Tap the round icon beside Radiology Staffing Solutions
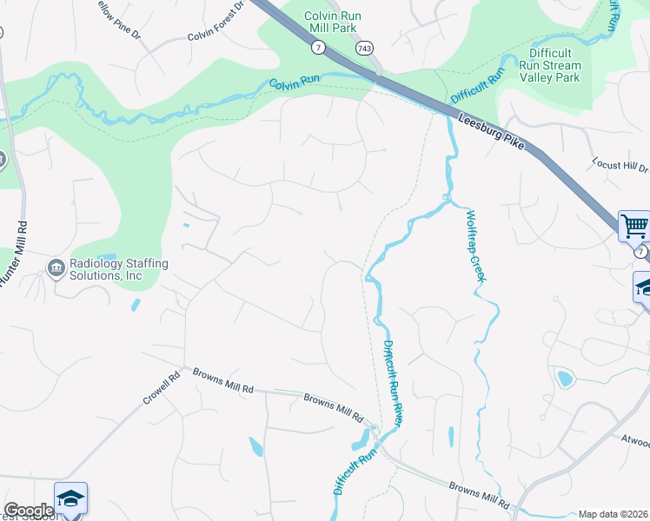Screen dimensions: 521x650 (57, 267)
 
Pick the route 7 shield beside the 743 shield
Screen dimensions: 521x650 (321, 47)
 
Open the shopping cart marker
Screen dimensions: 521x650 (634, 226)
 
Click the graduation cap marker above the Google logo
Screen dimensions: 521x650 (70, 498)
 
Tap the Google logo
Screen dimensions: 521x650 (29, 511)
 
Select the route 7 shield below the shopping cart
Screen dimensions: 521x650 (640, 252)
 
